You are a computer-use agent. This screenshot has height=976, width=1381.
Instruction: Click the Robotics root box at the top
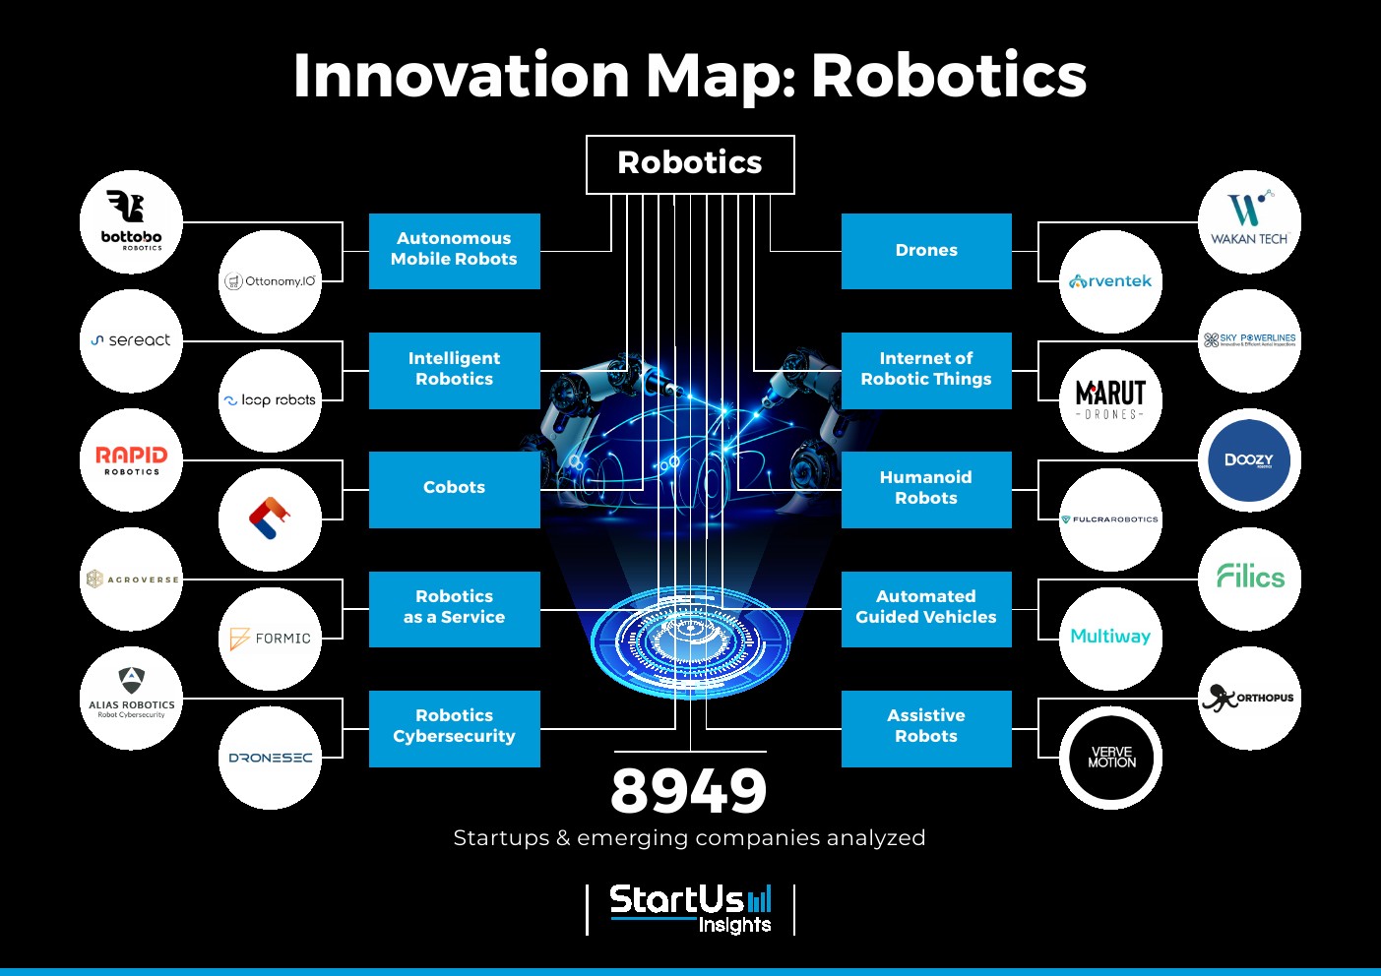point(690,164)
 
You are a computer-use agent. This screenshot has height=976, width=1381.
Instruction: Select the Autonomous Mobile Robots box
point(454,250)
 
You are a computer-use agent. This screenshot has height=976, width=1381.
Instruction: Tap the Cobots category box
point(454,489)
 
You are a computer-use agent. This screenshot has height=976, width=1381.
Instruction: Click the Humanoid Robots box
point(925,489)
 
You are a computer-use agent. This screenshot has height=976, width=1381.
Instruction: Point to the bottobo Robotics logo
point(131,222)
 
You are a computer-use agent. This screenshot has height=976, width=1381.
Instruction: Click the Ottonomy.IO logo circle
point(270,281)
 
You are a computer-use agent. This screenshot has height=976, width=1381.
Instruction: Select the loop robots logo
point(270,400)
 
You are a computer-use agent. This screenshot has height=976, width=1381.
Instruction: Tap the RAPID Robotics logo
point(131,459)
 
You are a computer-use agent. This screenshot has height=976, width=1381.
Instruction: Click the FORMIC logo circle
point(270,639)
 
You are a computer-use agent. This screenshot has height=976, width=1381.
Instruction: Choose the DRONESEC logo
point(270,758)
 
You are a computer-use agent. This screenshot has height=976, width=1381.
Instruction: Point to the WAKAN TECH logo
point(1249,222)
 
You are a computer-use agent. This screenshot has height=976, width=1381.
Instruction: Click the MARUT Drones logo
point(1110,400)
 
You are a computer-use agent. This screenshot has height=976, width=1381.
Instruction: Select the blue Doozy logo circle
point(1249,459)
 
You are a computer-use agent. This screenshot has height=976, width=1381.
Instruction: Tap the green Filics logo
point(1249,578)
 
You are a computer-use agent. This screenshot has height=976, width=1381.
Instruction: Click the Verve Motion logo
point(1110,758)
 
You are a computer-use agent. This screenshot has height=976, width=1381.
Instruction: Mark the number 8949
point(689,790)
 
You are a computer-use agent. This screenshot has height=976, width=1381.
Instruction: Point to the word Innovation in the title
point(461,76)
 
